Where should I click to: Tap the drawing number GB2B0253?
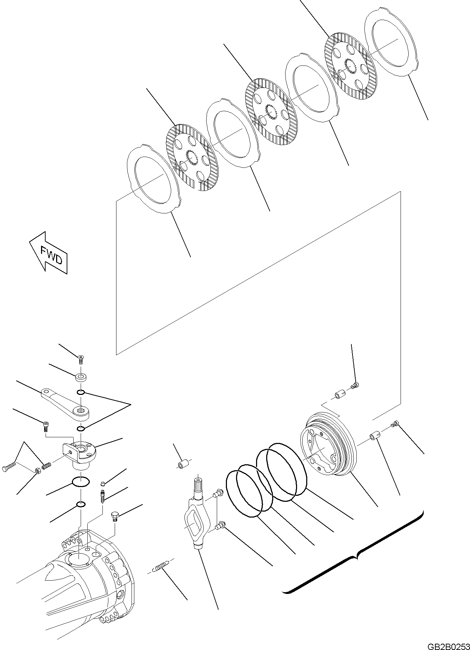[448, 644]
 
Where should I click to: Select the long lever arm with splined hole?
[65, 403]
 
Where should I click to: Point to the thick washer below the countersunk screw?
[81, 378]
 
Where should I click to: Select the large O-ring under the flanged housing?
[80, 481]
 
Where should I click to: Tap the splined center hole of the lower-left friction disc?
[192, 158]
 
